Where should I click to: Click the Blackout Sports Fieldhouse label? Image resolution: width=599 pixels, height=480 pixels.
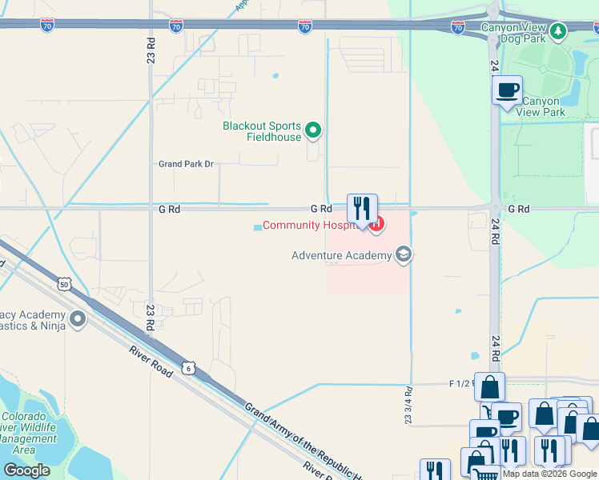262,131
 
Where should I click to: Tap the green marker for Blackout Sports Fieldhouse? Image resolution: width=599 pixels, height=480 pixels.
314,130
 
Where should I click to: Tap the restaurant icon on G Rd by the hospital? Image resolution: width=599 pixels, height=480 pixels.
362,209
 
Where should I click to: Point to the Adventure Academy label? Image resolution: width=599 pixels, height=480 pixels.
342,255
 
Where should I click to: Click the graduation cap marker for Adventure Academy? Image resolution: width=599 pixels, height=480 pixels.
404,255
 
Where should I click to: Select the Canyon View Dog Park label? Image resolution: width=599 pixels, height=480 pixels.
513,32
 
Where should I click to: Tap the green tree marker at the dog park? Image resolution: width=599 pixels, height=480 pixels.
558,32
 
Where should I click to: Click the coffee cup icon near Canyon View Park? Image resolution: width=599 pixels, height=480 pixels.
507,90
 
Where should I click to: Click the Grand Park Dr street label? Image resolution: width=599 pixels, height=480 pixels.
186,164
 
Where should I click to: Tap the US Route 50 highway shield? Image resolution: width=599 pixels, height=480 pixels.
64,284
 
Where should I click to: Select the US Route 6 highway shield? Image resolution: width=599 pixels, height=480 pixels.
188,368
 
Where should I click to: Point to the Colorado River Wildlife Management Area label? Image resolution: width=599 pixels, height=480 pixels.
29,433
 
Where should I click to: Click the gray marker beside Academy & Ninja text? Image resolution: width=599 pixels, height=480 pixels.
78,320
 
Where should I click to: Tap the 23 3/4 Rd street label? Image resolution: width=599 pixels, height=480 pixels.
408,406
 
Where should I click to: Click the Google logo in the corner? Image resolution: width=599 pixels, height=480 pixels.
26,470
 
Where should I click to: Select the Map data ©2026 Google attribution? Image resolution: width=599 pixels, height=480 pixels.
549,474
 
